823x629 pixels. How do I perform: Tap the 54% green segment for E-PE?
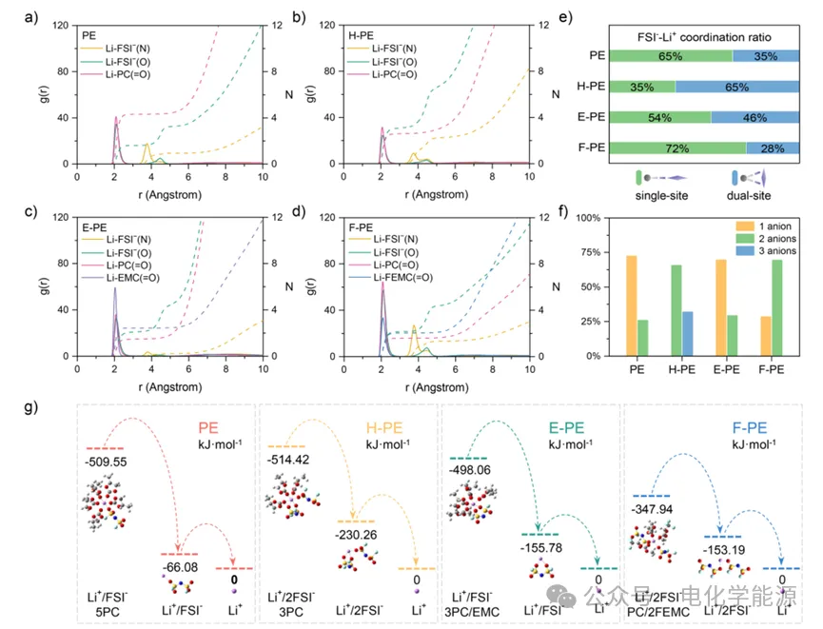658,117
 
